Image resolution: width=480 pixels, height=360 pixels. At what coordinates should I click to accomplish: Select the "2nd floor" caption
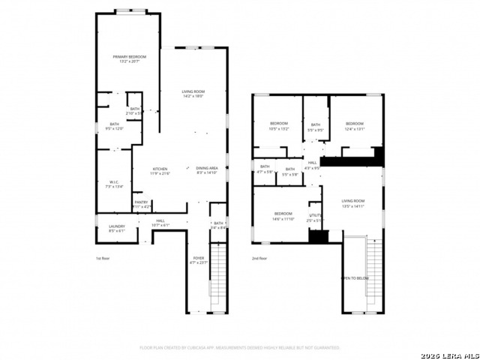coord(259,259)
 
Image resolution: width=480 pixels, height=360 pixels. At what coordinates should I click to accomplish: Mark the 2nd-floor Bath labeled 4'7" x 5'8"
coord(265,169)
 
